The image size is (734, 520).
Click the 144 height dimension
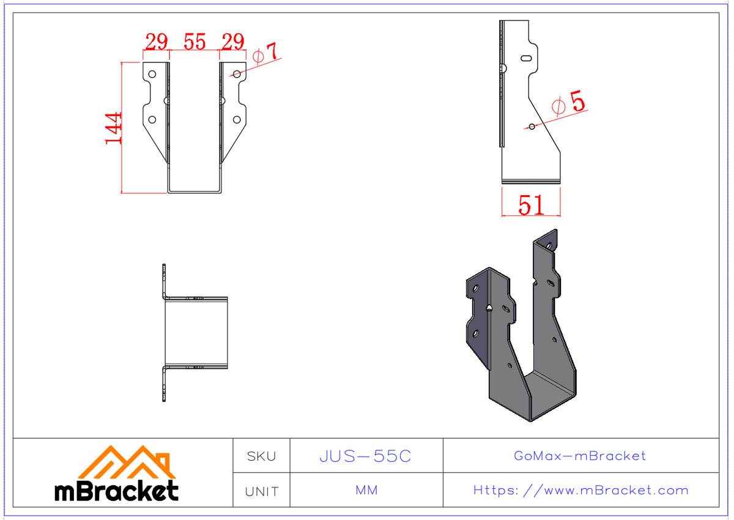114,128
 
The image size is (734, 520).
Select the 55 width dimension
195,42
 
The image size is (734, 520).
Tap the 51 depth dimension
531,205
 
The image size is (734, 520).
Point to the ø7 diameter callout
265,54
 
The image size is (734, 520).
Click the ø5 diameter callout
568,103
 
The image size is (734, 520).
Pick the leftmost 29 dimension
157,42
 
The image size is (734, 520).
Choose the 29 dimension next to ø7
233,42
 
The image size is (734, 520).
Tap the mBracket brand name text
116,491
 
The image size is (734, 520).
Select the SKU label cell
261,456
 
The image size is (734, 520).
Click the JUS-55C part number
366,456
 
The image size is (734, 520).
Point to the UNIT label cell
261,491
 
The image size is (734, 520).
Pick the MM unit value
366,491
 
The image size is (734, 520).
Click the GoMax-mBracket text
580,456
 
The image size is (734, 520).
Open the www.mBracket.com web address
580,491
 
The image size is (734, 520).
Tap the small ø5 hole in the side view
532,127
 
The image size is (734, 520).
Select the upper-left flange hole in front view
152,74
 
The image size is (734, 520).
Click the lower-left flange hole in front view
152,120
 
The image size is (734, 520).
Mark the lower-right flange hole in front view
237,120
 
